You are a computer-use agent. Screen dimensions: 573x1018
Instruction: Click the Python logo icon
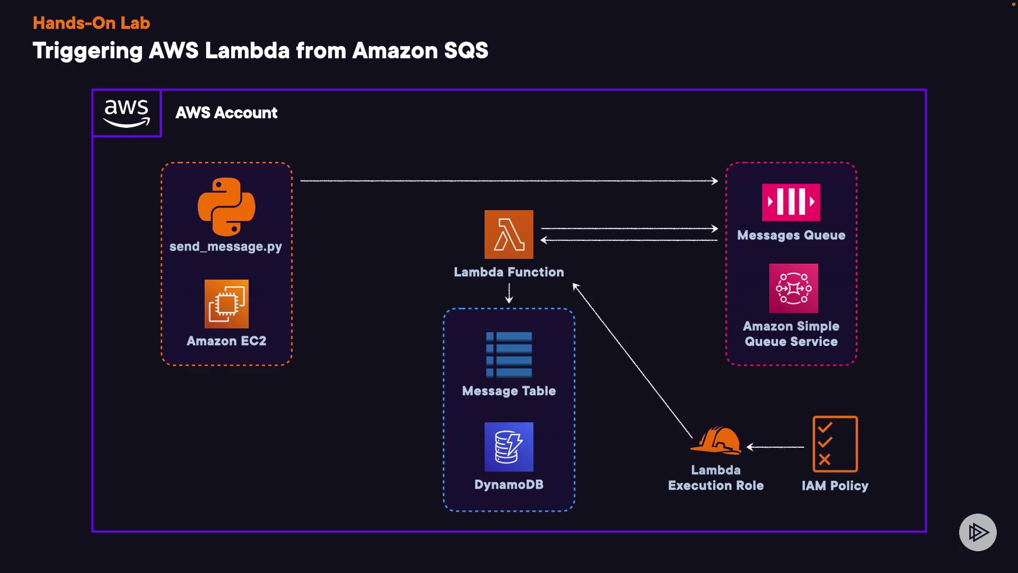point(226,206)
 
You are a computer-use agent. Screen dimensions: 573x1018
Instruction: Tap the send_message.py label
point(225,247)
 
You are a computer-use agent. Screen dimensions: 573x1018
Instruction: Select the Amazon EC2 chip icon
point(226,304)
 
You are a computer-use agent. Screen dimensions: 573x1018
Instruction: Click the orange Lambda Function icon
point(509,235)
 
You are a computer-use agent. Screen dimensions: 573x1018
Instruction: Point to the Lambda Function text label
point(509,272)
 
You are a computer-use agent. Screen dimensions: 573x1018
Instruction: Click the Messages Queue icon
point(791,202)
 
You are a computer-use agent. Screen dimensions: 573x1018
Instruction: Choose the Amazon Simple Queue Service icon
point(794,288)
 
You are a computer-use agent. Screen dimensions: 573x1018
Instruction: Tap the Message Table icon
point(509,354)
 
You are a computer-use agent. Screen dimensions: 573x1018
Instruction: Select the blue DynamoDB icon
point(509,447)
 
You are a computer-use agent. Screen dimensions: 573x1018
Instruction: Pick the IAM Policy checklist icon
point(835,444)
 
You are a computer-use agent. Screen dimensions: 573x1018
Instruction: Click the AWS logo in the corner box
point(127,113)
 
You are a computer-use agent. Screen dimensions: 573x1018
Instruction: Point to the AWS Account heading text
point(226,113)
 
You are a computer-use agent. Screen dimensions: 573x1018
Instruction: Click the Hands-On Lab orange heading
point(91,23)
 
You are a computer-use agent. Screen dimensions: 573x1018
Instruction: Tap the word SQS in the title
point(466,51)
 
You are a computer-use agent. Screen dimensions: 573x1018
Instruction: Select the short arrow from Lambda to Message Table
point(509,293)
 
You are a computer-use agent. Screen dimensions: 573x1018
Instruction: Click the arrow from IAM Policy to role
point(775,447)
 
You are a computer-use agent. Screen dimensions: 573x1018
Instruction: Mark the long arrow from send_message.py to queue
point(509,181)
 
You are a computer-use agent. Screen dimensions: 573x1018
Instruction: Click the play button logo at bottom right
point(978,532)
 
